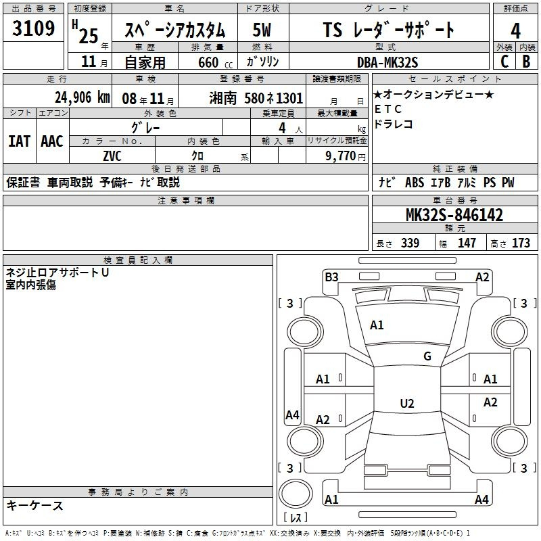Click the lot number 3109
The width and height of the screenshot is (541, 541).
(x=33, y=29)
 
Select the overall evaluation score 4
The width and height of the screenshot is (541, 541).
(x=515, y=30)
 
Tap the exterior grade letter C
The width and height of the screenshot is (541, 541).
(x=504, y=61)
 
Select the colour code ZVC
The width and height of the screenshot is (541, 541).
(x=112, y=156)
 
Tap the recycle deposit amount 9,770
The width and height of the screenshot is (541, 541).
(x=337, y=156)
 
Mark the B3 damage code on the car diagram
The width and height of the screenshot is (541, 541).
(x=331, y=276)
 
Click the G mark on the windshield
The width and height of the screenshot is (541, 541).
(x=427, y=356)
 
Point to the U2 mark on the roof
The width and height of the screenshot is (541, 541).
(x=406, y=403)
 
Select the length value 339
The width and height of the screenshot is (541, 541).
(x=410, y=243)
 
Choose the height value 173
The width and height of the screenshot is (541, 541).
(x=521, y=243)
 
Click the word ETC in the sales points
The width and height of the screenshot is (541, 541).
(x=388, y=110)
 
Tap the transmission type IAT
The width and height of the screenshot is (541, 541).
(x=20, y=141)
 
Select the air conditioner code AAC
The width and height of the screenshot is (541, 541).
(x=52, y=141)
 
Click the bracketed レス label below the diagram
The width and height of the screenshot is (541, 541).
(x=296, y=518)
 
